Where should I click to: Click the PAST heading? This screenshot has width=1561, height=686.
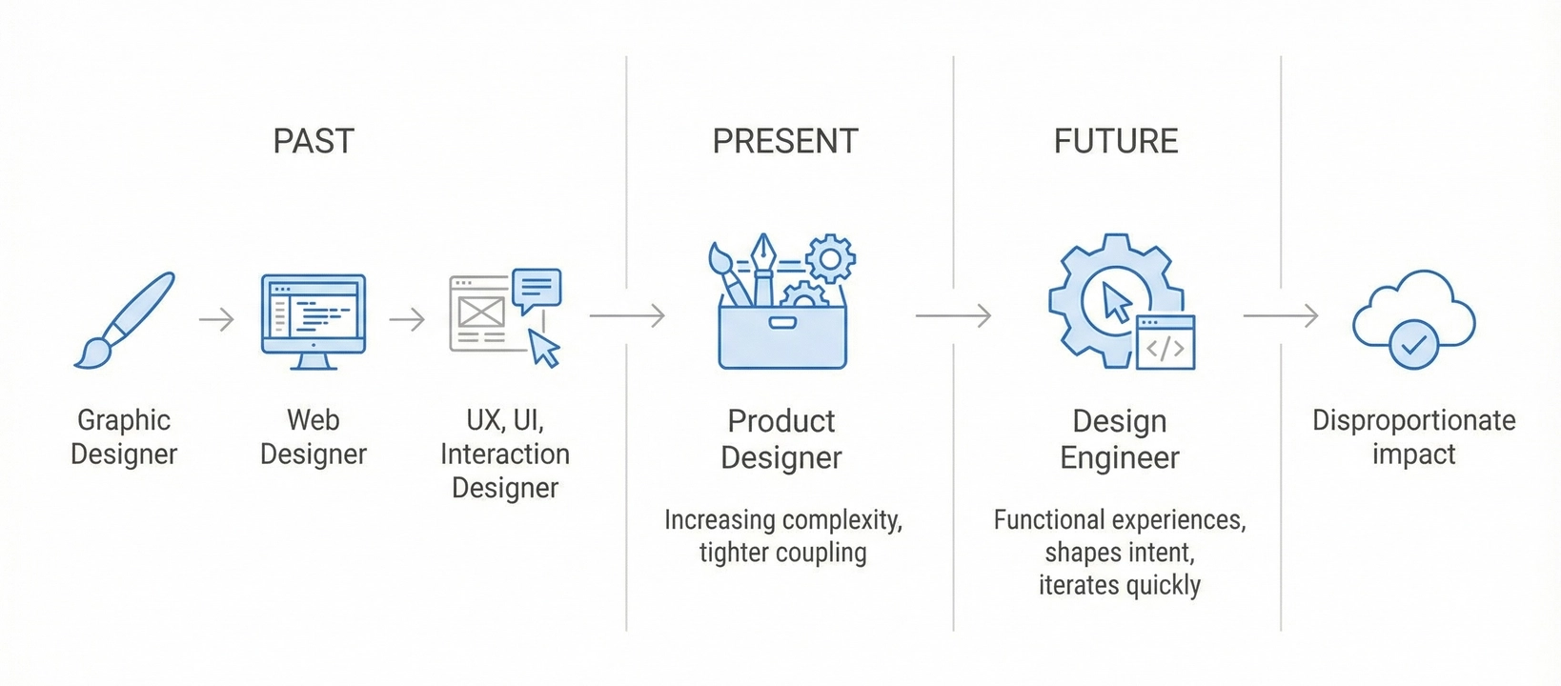click(314, 141)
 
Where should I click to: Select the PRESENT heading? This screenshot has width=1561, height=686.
click(785, 141)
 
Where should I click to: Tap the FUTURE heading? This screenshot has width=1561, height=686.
click(1116, 141)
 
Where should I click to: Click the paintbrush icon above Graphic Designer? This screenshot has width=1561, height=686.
click(125, 320)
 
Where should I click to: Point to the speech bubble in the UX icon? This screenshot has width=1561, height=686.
click(537, 289)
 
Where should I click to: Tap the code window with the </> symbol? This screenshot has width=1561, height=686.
click(1166, 343)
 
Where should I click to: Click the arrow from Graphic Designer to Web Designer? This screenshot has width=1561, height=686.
click(216, 319)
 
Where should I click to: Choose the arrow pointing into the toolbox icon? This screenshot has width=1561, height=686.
click(627, 315)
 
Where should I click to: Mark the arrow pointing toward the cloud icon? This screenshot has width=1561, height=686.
click(1281, 315)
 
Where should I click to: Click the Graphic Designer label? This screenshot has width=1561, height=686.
click(124, 436)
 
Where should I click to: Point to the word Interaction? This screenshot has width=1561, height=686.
click(505, 454)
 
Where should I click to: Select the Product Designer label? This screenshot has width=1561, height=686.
click(781, 439)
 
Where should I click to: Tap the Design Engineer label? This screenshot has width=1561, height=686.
click(1120, 439)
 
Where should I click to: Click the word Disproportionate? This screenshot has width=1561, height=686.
click(1413, 420)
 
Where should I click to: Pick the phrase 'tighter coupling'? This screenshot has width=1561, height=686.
click(782, 553)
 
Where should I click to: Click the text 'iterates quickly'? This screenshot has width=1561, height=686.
click(1120, 585)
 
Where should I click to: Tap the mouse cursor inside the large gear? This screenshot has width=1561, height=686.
click(1116, 302)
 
